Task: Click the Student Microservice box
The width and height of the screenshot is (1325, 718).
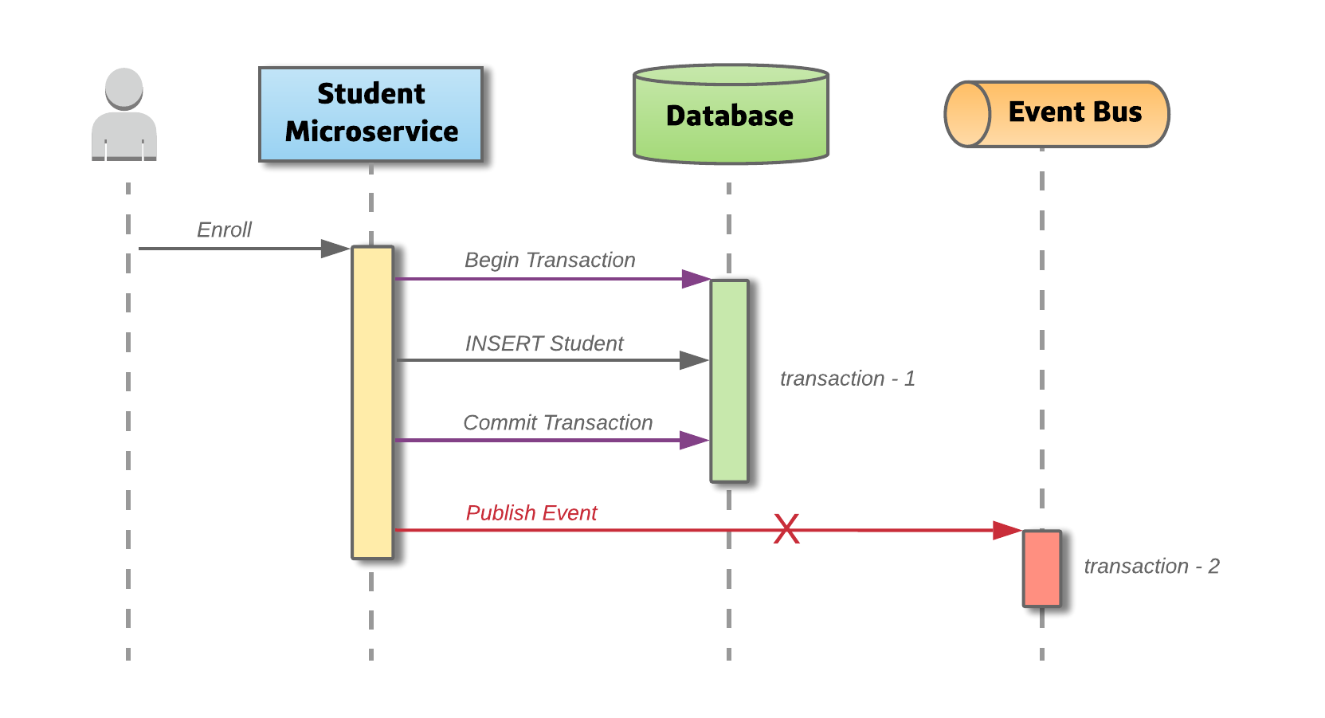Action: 370,114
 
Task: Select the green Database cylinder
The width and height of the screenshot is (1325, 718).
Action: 731,116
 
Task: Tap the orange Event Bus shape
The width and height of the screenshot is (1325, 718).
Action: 1056,114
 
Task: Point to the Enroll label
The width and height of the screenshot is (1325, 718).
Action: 224,230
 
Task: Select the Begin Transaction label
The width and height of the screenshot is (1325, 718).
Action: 550,261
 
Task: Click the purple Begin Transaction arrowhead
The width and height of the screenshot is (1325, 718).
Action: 696,279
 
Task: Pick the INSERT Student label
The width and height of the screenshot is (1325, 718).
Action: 544,343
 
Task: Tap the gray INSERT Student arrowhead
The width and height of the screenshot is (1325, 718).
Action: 694,360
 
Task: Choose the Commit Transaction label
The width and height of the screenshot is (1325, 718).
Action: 558,423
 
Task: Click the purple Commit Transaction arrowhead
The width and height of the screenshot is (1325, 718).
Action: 694,440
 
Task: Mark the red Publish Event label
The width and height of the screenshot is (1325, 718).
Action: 531,513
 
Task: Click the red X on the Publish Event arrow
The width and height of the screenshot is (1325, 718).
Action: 786,529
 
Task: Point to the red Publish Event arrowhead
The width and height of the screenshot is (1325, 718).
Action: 1007,530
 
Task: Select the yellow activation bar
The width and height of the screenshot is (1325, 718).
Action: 372,402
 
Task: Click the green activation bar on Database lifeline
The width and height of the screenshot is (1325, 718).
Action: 729,381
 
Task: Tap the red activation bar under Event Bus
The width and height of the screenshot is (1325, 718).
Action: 1042,568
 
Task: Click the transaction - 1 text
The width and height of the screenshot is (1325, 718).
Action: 848,379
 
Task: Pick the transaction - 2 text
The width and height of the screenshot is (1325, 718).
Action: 1151,567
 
